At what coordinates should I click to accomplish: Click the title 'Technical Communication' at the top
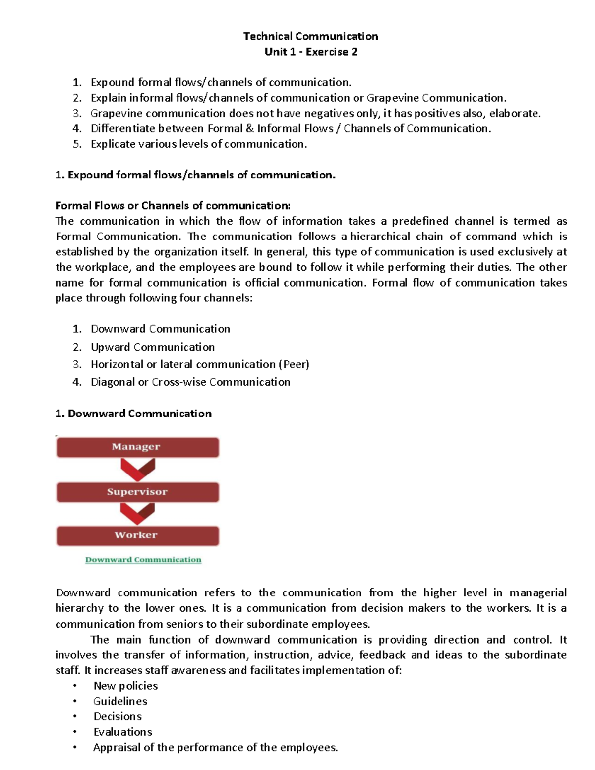311,36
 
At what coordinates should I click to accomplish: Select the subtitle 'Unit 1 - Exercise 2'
311,52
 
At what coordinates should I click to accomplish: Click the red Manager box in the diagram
137,447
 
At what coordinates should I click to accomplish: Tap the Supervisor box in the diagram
137,492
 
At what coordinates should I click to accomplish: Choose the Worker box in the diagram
137,535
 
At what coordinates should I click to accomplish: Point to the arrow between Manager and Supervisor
137,469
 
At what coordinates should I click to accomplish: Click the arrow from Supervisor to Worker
137,514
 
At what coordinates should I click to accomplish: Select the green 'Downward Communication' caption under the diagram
143,560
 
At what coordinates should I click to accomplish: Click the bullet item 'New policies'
125,686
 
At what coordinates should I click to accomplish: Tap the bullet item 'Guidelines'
120,701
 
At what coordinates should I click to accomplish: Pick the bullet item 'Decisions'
118,716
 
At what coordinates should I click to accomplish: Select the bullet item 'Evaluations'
122,732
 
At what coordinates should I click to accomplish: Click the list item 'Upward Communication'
153,347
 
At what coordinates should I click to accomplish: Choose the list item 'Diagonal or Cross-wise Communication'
190,382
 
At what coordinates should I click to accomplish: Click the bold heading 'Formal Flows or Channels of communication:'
173,206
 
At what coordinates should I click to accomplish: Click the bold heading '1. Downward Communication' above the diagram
133,414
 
